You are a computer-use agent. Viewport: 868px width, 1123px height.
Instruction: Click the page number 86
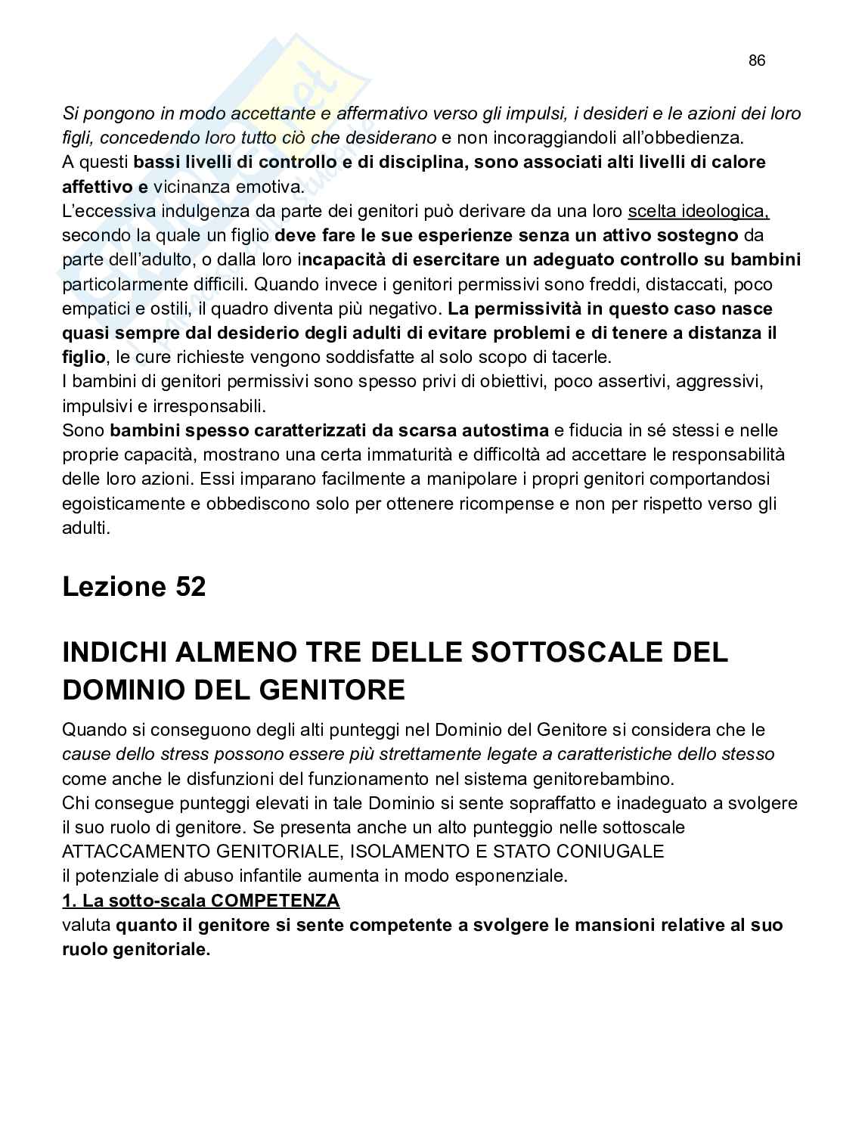(757, 60)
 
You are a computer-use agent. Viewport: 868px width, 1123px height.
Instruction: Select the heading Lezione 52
(134, 586)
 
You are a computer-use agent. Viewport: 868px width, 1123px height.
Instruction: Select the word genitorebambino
(610, 778)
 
